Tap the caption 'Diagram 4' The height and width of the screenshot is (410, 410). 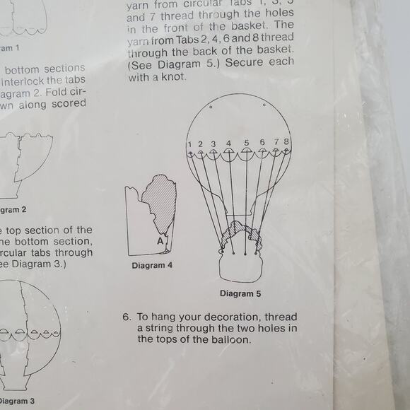point(151,266)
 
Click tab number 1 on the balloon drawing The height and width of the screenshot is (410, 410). point(190,144)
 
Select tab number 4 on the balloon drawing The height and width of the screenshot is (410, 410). point(228,143)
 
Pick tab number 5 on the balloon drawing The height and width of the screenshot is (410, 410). point(247,143)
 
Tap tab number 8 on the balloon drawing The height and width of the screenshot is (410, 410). point(286,143)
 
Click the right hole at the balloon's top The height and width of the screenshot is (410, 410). point(263,106)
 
